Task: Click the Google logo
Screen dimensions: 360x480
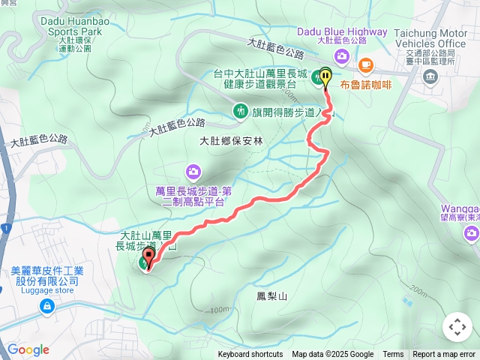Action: coord(28,349)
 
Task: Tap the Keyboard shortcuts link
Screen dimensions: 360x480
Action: coord(250,355)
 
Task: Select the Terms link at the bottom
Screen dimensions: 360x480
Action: coord(393,355)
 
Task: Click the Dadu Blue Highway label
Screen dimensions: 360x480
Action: coord(342,31)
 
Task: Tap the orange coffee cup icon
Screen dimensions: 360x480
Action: coord(366,64)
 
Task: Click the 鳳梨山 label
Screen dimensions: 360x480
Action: coord(271,297)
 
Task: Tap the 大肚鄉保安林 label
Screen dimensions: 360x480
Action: coord(232,140)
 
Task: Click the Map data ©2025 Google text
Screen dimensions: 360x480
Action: coord(333,355)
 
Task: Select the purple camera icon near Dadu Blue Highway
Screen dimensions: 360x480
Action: coord(342,57)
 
